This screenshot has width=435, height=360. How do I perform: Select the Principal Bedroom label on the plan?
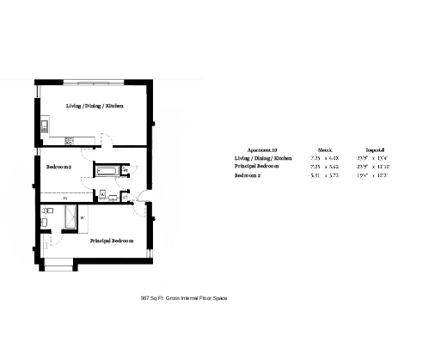click(112, 241)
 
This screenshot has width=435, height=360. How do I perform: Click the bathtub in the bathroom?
click(108, 171)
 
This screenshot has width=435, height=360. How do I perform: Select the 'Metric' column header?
click(325, 149)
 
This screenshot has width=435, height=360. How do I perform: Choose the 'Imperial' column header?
click(375, 149)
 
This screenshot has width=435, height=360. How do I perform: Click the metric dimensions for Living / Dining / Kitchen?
click(325, 158)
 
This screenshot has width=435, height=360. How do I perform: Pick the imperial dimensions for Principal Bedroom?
click(375, 167)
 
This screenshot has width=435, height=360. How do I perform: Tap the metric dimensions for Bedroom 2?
click(325, 175)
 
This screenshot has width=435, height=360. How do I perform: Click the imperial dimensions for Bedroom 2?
click(375, 175)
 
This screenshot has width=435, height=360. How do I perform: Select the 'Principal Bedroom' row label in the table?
click(257, 167)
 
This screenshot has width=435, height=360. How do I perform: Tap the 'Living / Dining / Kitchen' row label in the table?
click(263, 158)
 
